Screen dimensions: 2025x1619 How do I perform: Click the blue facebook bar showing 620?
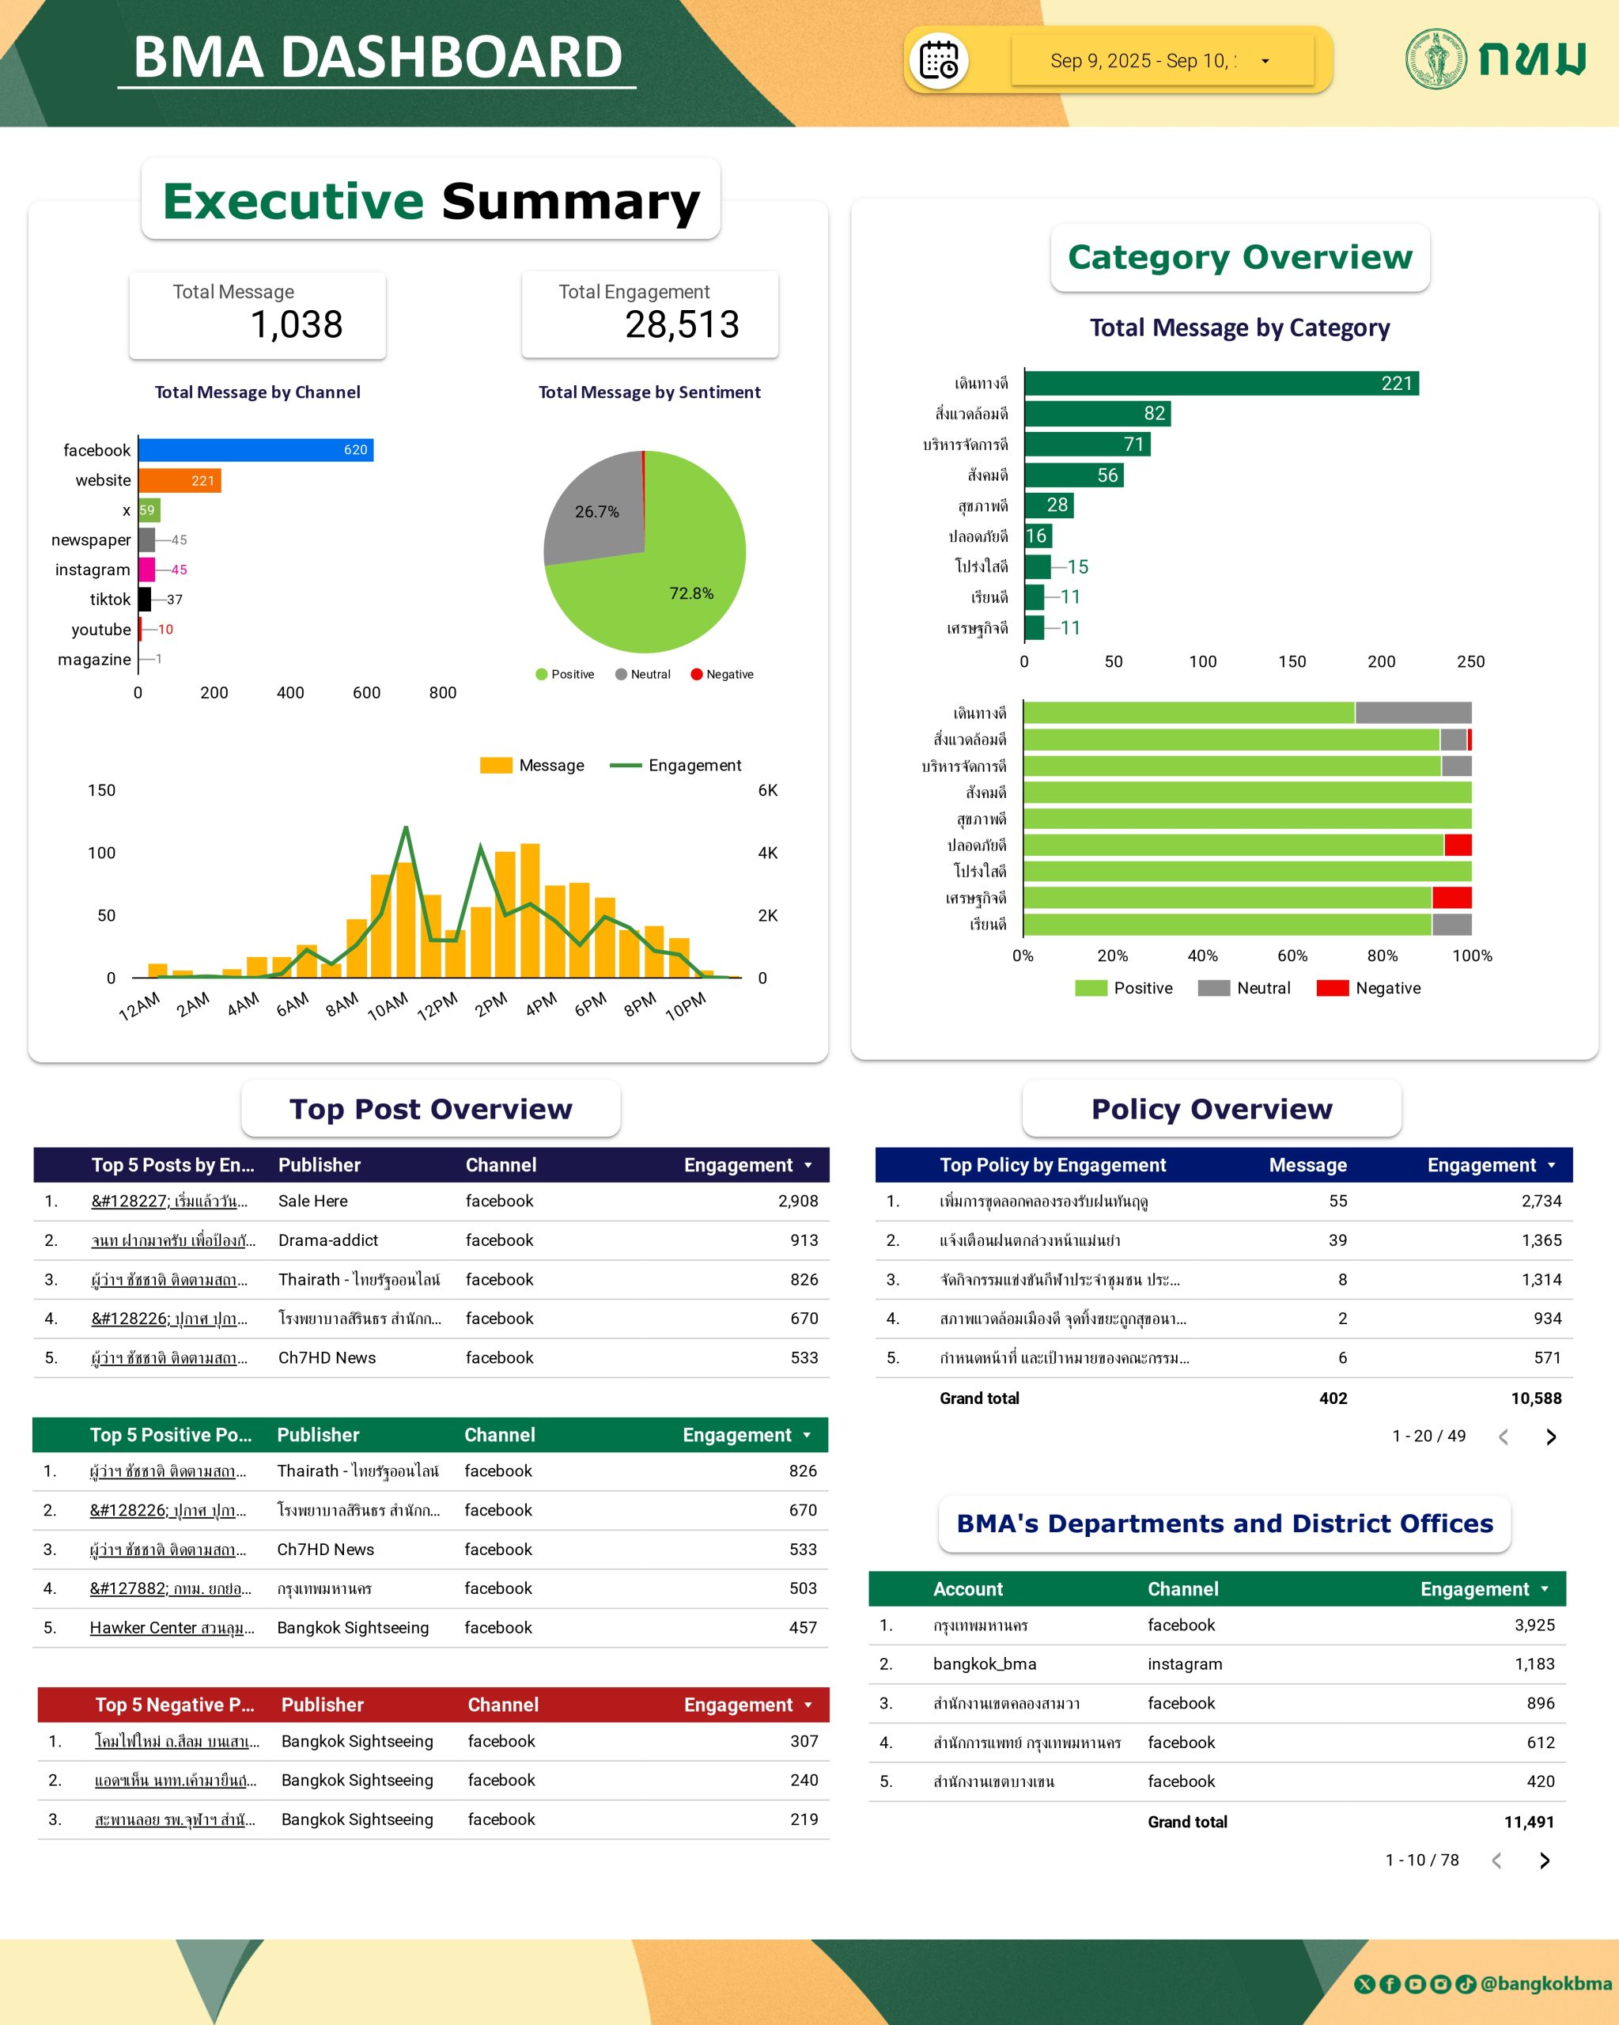(x=255, y=450)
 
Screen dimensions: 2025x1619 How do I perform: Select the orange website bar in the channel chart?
(x=180, y=480)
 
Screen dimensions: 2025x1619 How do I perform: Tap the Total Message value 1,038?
(x=296, y=325)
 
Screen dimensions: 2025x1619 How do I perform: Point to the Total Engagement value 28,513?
(x=682, y=325)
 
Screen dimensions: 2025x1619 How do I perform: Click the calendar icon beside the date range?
(x=938, y=61)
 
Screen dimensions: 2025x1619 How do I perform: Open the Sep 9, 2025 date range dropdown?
(x=1162, y=61)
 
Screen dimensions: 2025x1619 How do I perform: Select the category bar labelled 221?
(x=1221, y=383)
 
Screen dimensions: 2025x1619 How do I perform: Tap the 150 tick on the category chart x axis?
(x=1292, y=661)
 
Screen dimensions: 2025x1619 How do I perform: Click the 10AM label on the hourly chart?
(x=388, y=1006)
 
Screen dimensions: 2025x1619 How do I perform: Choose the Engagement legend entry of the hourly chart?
(x=675, y=766)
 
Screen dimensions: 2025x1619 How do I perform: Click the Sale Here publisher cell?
(x=312, y=1202)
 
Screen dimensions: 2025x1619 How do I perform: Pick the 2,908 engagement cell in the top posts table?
(x=797, y=1202)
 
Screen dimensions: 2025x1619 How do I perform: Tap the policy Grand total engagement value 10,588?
(x=1535, y=1399)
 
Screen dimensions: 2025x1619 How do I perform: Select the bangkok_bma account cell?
(x=984, y=1664)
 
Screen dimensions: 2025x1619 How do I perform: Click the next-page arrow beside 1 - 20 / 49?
(x=1550, y=1437)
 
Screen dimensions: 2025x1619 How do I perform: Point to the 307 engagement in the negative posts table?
(x=804, y=1741)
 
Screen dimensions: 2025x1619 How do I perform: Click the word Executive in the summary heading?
(x=293, y=201)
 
